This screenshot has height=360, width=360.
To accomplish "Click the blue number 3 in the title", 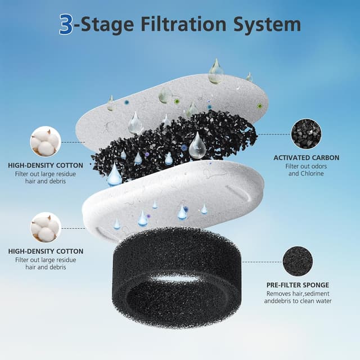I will [x=66, y=24].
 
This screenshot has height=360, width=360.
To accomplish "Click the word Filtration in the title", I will [x=178, y=24].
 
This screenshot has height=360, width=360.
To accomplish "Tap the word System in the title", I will [x=268, y=25].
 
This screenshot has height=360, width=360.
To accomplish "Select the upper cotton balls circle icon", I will [x=45, y=141].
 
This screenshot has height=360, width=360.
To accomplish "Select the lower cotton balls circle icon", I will [x=45, y=227].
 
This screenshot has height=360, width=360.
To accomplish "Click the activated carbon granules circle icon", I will [x=306, y=133].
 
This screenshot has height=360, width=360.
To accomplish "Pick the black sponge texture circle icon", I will [x=298, y=261].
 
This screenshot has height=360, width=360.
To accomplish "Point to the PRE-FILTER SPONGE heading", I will [x=298, y=285].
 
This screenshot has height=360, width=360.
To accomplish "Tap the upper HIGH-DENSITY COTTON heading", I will [x=46, y=166].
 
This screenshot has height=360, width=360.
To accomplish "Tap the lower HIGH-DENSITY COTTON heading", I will [x=46, y=251].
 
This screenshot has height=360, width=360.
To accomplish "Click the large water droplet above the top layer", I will [x=215, y=71].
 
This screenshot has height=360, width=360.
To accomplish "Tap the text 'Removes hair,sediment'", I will [x=298, y=294].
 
